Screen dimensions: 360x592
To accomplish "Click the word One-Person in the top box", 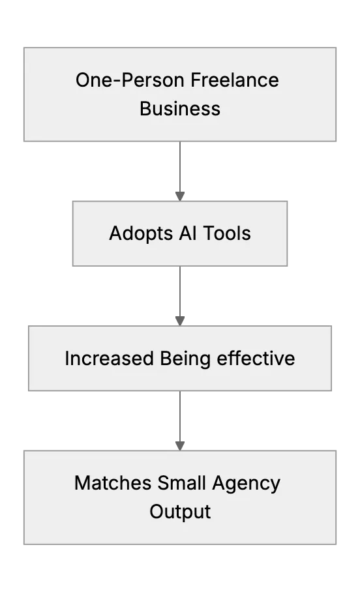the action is coord(129,80).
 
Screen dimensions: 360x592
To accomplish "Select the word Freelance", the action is coord(235,80).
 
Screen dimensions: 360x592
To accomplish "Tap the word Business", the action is coord(180,109).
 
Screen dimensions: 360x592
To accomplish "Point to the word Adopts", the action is coord(141,233).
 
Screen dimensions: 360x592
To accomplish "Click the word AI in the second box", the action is coord(188,233).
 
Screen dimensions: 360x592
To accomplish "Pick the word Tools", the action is coord(227,233).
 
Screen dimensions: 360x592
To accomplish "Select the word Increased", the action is coord(109,359).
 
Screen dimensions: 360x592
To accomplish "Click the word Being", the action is coord(185,359).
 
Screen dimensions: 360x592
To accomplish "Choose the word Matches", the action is coord(113,483).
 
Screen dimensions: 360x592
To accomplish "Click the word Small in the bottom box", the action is coord(181,483).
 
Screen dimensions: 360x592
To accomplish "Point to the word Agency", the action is coord(247,484).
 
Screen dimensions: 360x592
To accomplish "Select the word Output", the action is coord(180,512).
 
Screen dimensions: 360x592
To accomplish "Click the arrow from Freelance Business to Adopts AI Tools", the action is coord(180,171).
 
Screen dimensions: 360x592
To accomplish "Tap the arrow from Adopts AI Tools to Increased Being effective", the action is coord(180,296).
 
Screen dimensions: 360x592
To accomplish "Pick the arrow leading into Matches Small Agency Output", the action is coord(180,421).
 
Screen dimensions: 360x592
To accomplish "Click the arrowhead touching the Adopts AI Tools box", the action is coord(180,196).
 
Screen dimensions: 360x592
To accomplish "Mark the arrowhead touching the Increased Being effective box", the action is coord(180,321).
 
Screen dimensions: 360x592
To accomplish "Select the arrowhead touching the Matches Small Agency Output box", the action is coord(180,445).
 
